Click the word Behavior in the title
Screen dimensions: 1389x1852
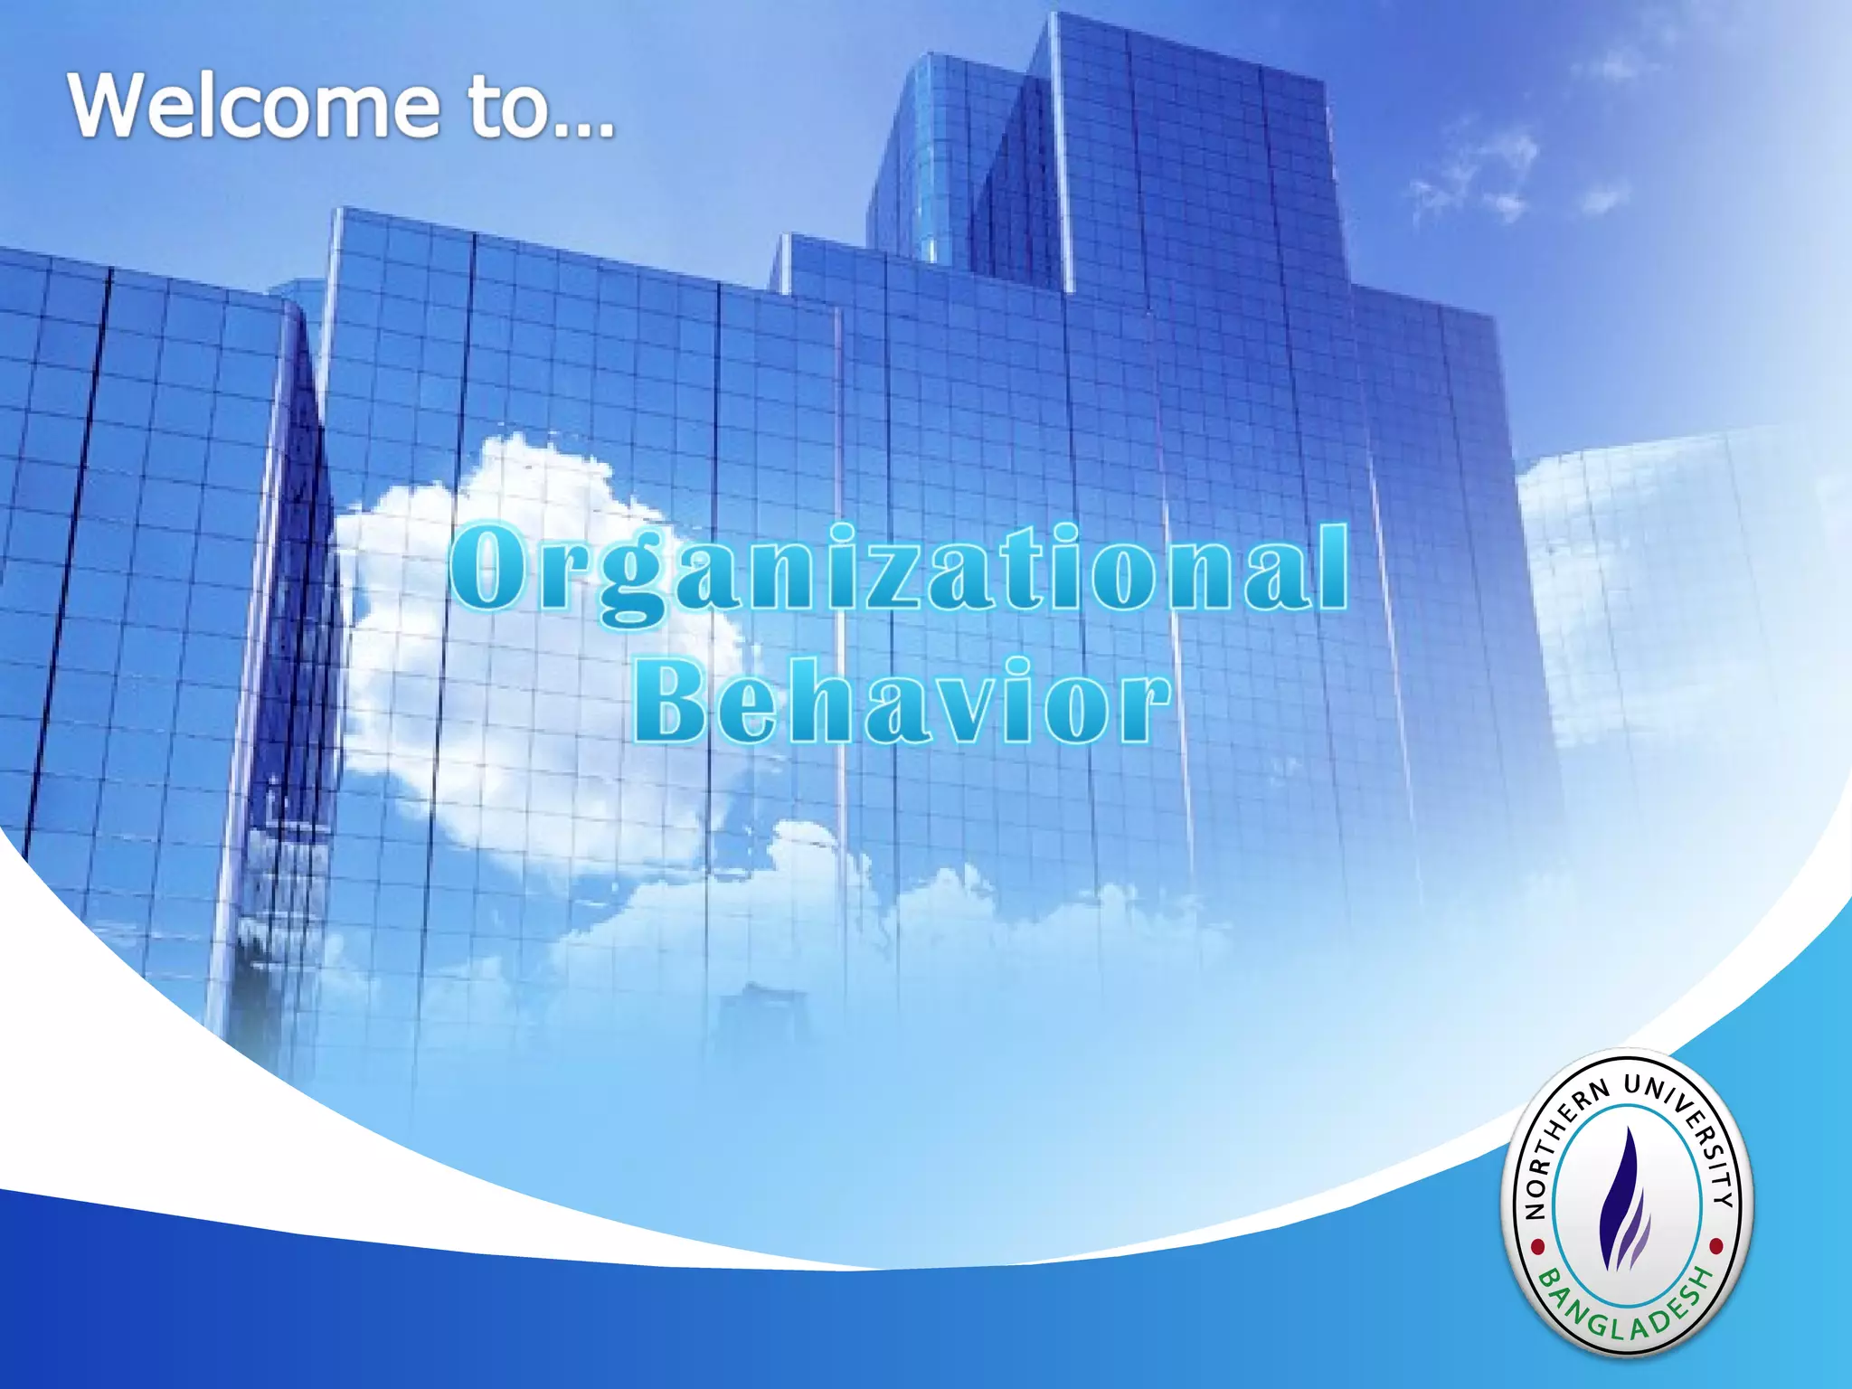(x=901, y=702)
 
